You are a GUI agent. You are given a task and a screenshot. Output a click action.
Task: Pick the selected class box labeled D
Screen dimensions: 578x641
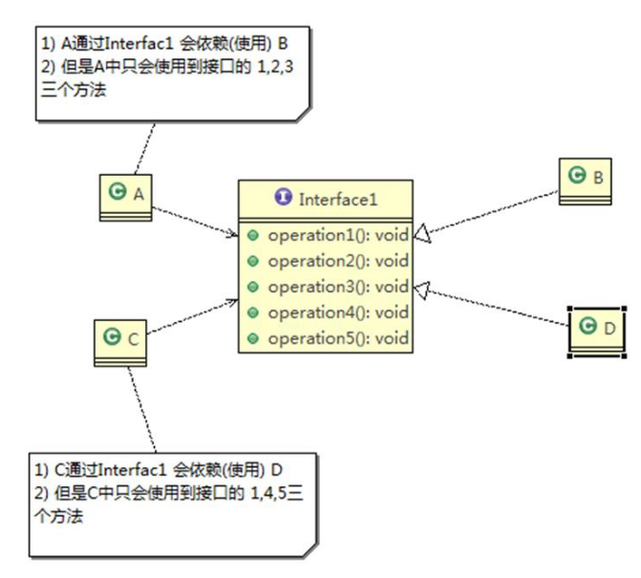click(597, 330)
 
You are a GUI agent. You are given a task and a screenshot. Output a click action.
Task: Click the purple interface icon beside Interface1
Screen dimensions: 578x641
click(283, 198)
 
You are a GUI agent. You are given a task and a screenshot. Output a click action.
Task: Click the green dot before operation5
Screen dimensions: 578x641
click(253, 338)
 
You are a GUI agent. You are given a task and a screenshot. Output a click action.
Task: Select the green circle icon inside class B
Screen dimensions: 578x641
click(576, 177)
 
